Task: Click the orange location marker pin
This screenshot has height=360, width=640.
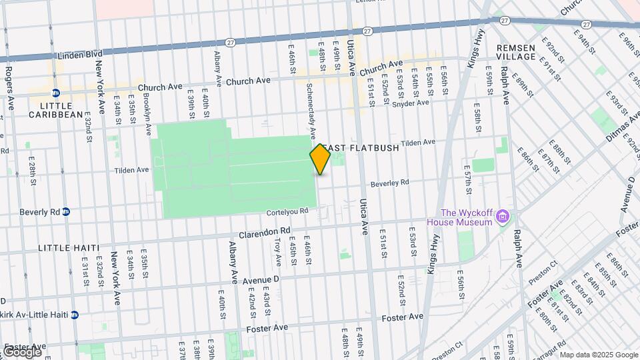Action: [320, 159]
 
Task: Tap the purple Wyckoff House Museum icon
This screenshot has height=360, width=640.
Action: [503, 217]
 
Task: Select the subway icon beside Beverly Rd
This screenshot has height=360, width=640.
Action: [65, 212]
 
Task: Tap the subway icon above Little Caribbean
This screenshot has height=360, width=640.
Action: [56, 93]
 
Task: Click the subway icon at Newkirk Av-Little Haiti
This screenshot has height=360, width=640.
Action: [75, 315]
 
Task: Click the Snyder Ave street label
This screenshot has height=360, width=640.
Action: [410, 103]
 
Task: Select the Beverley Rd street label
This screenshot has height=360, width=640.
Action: [390, 183]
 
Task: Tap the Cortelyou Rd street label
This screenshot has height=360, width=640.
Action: [287, 211]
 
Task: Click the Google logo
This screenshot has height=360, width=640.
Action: [21, 351]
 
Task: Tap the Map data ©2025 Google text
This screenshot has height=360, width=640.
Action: [598, 354]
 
